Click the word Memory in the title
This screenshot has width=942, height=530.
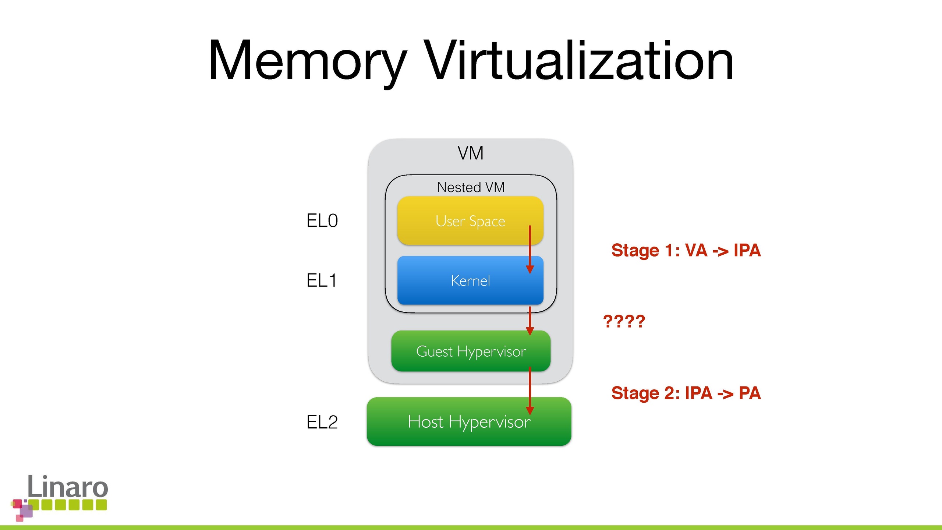[x=307, y=61]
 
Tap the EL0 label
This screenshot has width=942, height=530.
[x=322, y=221]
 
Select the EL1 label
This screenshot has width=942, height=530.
[x=321, y=280]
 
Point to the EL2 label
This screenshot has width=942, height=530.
[x=322, y=422]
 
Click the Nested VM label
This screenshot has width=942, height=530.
[x=471, y=187]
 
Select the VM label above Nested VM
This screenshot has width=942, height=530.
[x=471, y=153]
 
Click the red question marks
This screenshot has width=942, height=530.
[x=624, y=321]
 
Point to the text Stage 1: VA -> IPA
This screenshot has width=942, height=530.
[x=686, y=250]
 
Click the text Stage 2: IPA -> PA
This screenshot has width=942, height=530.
[x=686, y=393]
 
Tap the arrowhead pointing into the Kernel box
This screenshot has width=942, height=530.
[x=530, y=269]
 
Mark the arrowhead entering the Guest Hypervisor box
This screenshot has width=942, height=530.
[x=530, y=331]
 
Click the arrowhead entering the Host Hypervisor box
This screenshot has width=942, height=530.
[x=530, y=410]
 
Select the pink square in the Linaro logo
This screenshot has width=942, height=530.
[x=17, y=503]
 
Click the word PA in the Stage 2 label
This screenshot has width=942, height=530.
[x=750, y=393]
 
